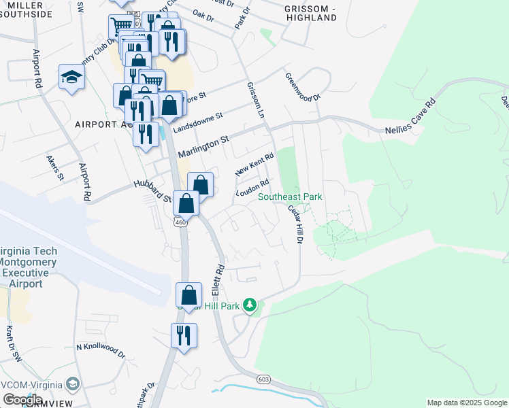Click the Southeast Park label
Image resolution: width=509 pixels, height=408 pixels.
(290, 197)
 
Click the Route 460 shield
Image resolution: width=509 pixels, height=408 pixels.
(180, 222)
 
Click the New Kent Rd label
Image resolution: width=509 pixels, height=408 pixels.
(254, 164)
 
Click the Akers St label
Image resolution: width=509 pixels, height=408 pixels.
(54, 168)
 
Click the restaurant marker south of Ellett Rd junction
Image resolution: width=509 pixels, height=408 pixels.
(184, 336)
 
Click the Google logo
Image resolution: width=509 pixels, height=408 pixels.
(23, 400)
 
